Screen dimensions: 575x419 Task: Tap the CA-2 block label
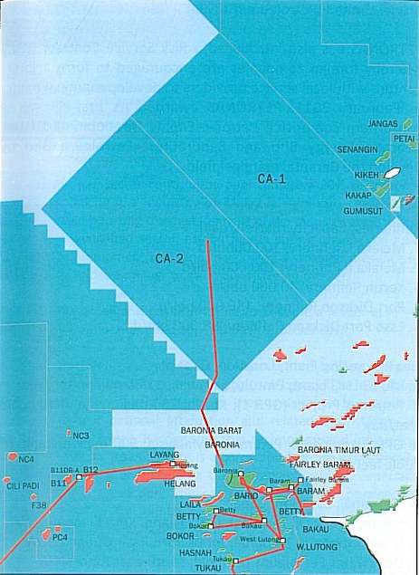(x=169, y=259)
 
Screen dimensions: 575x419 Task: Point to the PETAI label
(x=404, y=140)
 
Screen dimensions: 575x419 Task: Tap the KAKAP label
(x=359, y=195)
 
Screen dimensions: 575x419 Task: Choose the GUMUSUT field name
(x=362, y=210)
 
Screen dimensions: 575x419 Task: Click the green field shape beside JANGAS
(x=408, y=122)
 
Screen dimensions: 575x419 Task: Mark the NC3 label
(x=81, y=436)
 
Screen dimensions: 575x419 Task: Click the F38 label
(x=39, y=505)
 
